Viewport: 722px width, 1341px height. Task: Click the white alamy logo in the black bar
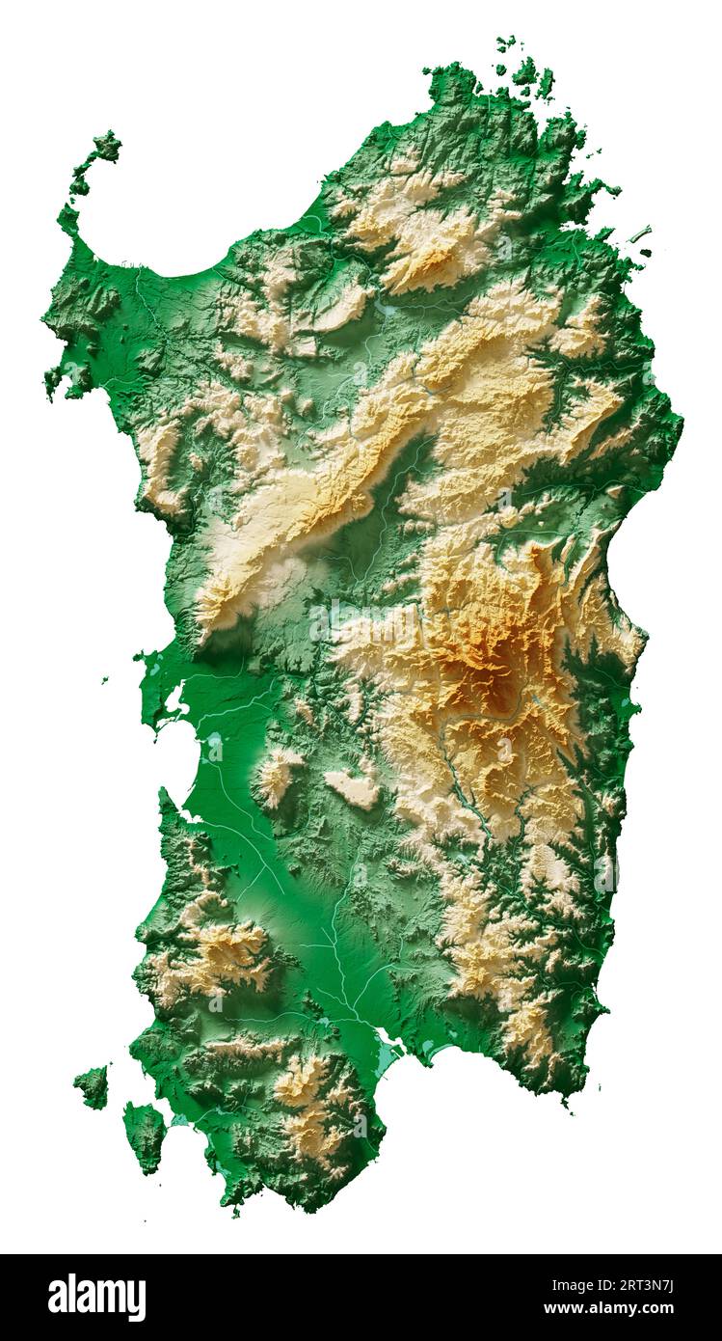pyautogui.click(x=96, y=1297)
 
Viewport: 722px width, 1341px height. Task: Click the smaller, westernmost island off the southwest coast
pyautogui.click(x=93, y=1086)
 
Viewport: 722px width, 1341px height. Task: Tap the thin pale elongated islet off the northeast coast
pyautogui.click(x=641, y=233)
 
